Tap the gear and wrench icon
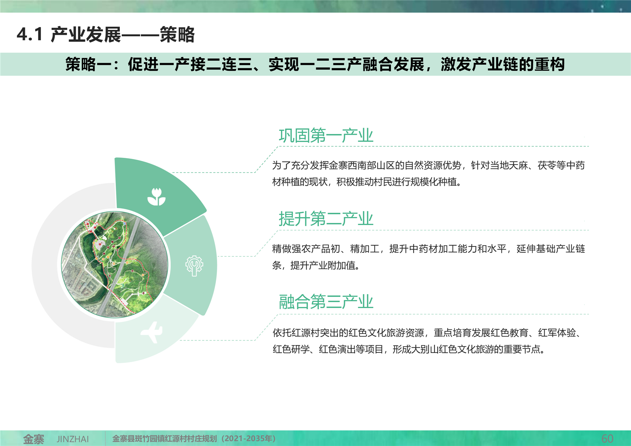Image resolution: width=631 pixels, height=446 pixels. point(194,266)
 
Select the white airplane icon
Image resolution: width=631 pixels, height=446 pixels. point(152,332)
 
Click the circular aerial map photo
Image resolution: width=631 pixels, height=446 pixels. point(115,264)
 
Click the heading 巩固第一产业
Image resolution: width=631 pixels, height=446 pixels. point(326,136)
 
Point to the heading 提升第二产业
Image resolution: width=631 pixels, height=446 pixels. point(326,219)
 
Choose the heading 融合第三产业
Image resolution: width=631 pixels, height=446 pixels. point(326,302)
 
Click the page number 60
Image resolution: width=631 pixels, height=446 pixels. point(607,438)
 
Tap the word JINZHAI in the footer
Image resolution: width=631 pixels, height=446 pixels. point(73,439)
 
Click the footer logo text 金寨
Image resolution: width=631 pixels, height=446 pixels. point(33,439)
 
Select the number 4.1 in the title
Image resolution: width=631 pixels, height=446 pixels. point(29,34)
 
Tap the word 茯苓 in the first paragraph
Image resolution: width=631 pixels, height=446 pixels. point(547,165)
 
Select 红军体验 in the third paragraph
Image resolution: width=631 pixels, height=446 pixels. point(557,333)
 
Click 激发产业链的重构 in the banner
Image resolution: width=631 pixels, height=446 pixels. point(503,64)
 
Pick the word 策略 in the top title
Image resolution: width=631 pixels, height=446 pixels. point(177,34)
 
